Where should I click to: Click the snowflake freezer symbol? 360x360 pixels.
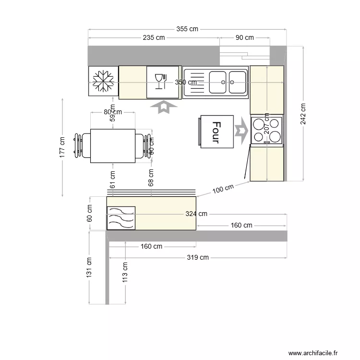pos(103,81)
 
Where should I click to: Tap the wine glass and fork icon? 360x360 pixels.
pos(160,81)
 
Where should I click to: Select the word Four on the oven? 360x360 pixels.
pos(216,132)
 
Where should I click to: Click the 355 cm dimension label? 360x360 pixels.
pos(187,29)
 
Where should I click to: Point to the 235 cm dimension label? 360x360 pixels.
pos(154,37)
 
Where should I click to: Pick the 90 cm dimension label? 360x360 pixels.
pos(244,37)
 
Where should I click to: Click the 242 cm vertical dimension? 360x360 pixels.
pos(303,114)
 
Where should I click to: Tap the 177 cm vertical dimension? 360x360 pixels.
pos(62,146)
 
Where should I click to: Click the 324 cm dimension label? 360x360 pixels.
pos(196,214)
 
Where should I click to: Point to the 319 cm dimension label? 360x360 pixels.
pos(198,257)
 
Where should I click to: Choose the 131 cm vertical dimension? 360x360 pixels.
pos(89,267)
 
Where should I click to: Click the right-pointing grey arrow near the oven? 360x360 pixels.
pos(241,130)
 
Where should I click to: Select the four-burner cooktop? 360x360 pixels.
pos(266,130)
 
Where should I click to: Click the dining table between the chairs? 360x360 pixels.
pos(113,146)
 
